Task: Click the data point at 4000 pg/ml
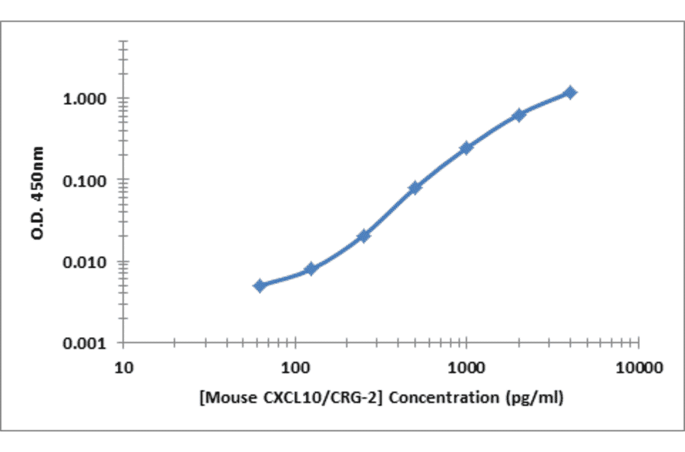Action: [x=569, y=92]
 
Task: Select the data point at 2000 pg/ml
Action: [x=518, y=115]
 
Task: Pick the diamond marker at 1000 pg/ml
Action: [x=466, y=148]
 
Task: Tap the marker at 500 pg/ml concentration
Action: [x=415, y=187]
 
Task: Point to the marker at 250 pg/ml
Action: [x=363, y=236]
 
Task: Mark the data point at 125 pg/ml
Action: [x=311, y=269]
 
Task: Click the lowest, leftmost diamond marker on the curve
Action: [x=260, y=285]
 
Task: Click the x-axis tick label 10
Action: [x=124, y=368]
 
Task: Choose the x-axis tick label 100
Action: [x=295, y=368]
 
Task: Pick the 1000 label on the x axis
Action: [x=467, y=368]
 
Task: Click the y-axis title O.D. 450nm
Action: [x=38, y=193]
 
